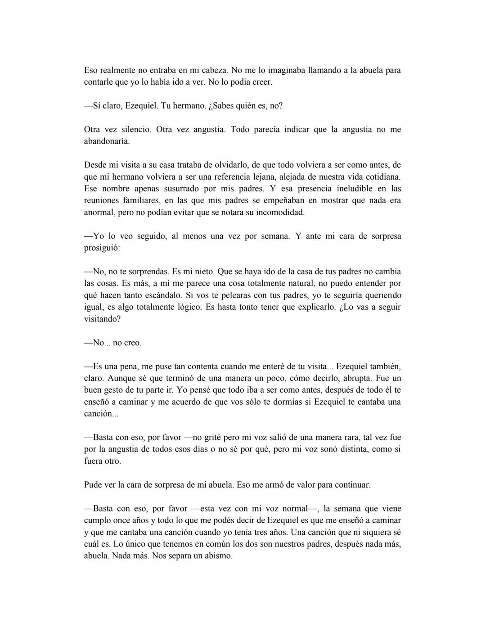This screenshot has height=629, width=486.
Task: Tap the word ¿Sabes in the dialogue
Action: pyautogui.click(x=224, y=106)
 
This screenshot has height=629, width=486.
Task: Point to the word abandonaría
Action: pyautogui.click(x=107, y=141)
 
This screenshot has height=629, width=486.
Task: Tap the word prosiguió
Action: pyautogui.click(x=102, y=248)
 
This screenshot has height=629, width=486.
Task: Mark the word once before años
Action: pyautogui.click(x=118, y=520)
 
